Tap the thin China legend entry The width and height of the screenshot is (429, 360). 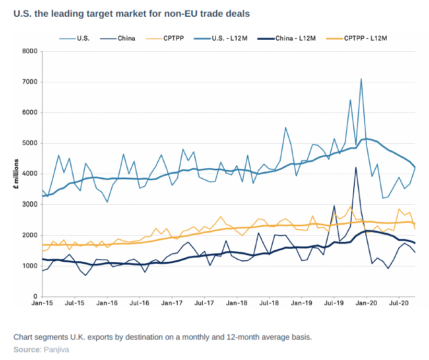coord(126,38)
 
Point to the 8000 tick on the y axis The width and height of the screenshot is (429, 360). coord(31,51)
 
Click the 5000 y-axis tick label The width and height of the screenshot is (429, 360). coord(31,143)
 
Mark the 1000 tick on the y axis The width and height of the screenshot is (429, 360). coord(31,266)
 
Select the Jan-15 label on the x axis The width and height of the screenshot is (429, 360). coord(42,303)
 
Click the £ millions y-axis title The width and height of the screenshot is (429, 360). coord(16,174)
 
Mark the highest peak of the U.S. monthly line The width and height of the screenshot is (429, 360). coord(361,79)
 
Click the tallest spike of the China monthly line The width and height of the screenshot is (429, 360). coord(356,168)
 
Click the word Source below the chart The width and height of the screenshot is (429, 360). coord(26,349)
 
